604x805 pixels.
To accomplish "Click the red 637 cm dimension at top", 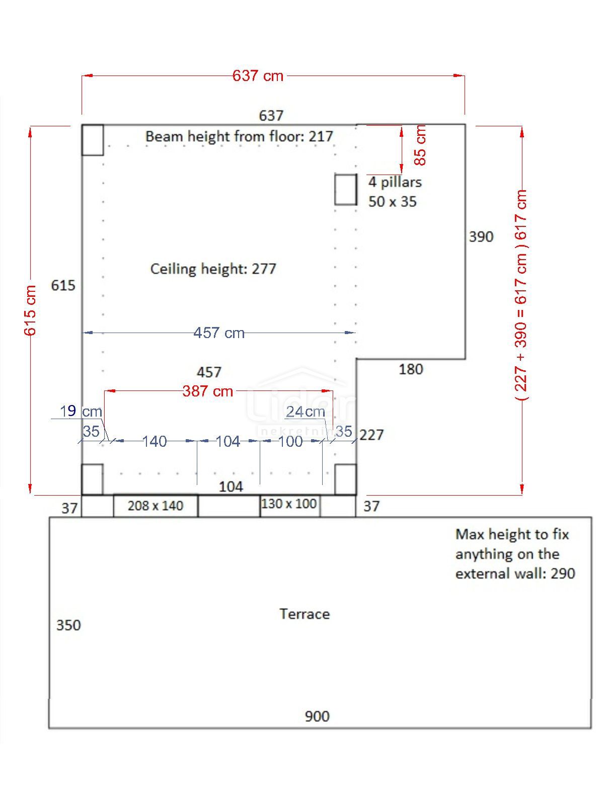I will pyautogui.click(x=258, y=76).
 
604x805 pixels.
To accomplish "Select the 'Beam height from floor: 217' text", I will pyautogui.click(x=239, y=136).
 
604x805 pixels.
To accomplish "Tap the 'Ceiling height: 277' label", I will pyautogui.click(x=213, y=269).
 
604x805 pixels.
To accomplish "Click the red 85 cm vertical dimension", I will pyautogui.click(x=420, y=145).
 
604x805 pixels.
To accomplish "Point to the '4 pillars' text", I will pyautogui.click(x=395, y=182).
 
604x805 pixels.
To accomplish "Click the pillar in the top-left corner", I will pyautogui.click(x=93, y=140).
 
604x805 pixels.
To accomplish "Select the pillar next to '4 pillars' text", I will pyautogui.click(x=346, y=189).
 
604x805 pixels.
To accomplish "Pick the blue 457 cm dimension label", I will pyautogui.click(x=219, y=333).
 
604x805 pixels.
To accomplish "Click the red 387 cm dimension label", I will pyautogui.click(x=207, y=391).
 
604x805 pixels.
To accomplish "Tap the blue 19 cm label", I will pyautogui.click(x=81, y=412).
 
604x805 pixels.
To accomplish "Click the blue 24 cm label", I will pyautogui.click(x=306, y=412).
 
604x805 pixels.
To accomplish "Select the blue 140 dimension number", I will pyautogui.click(x=154, y=441).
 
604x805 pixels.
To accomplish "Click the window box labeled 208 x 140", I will pyautogui.click(x=156, y=506).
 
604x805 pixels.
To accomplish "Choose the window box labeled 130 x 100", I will pyautogui.click(x=289, y=504).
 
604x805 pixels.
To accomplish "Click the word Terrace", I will pyautogui.click(x=305, y=614).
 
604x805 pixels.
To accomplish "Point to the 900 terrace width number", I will pyautogui.click(x=317, y=716).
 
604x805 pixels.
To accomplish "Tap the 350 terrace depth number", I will pyautogui.click(x=68, y=625).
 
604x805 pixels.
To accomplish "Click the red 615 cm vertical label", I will pyautogui.click(x=30, y=310).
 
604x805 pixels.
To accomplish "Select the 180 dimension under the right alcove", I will pyautogui.click(x=411, y=369).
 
